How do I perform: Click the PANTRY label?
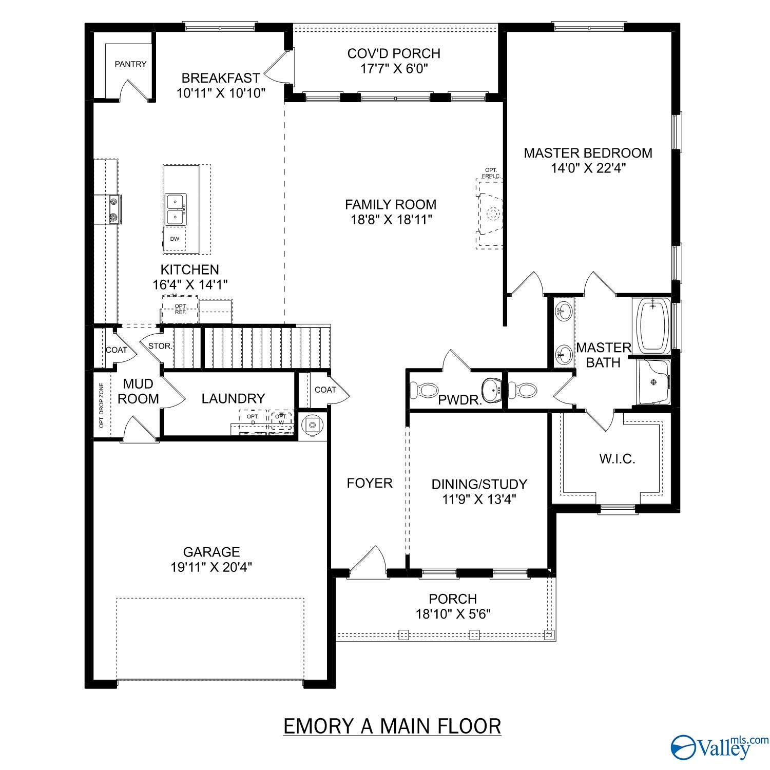point(130,64)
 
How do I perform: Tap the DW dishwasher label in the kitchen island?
point(175,239)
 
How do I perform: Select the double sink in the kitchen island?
point(176,209)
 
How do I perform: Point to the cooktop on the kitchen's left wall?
point(113,209)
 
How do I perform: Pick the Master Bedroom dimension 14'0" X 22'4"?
point(588,168)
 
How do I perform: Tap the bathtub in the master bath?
point(653,325)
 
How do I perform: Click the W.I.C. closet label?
point(617,458)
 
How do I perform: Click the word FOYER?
point(370,483)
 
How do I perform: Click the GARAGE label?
point(211,552)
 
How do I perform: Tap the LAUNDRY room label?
point(233,398)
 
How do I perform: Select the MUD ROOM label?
point(138,391)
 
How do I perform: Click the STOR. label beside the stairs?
point(160,346)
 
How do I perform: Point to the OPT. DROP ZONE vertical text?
point(101,406)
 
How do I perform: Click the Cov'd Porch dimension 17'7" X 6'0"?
point(394,69)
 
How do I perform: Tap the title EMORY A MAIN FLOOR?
point(392,726)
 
